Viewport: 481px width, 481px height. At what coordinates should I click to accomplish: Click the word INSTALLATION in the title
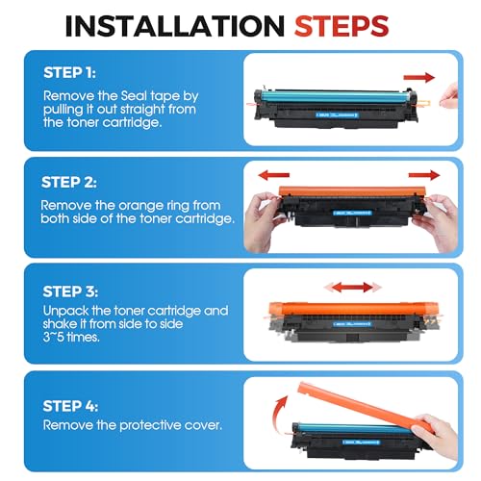[x=175, y=26]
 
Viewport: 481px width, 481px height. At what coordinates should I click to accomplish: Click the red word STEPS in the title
[x=342, y=26]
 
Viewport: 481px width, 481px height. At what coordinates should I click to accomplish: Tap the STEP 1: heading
[x=69, y=73]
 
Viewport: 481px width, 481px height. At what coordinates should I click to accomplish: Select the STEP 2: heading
[x=69, y=183]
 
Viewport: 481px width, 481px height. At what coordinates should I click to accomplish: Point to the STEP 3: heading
[x=70, y=291]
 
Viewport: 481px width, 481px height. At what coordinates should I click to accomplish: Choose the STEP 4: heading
[x=70, y=406]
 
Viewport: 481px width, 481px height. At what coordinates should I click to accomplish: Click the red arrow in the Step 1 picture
[x=419, y=77]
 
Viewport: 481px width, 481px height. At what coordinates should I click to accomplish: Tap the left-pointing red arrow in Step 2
[x=273, y=175]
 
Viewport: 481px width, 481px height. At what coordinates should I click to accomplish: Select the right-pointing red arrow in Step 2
[x=424, y=175]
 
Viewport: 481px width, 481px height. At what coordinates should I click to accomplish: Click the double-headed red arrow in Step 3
[x=353, y=287]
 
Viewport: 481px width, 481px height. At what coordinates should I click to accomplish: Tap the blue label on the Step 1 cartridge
[x=337, y=114]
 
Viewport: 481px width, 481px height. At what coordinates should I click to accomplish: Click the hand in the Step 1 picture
[x=449, y=96]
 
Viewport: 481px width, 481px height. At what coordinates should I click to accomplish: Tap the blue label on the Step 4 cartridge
[x=361, y=443]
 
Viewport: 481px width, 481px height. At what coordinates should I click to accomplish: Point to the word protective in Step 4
[x=150, y=425]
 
